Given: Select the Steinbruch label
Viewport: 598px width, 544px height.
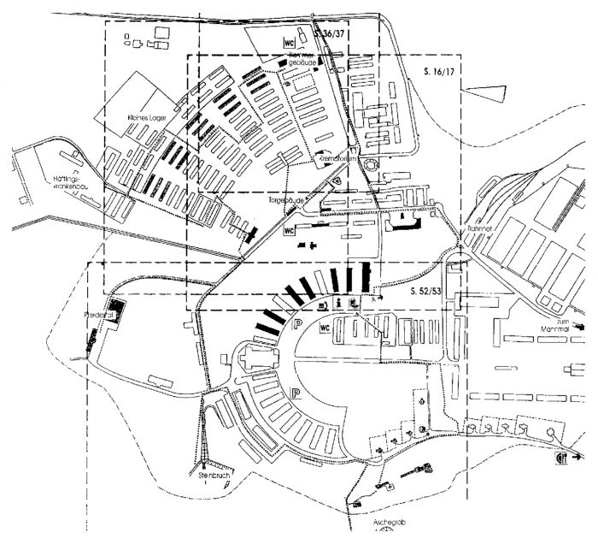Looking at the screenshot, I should pos(210,472).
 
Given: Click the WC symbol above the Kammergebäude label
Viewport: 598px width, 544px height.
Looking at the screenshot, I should pos(290,41).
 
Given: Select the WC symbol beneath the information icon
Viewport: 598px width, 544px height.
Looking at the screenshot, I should pos(325,328).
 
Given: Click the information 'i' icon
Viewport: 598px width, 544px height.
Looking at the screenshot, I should pos(339,304).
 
